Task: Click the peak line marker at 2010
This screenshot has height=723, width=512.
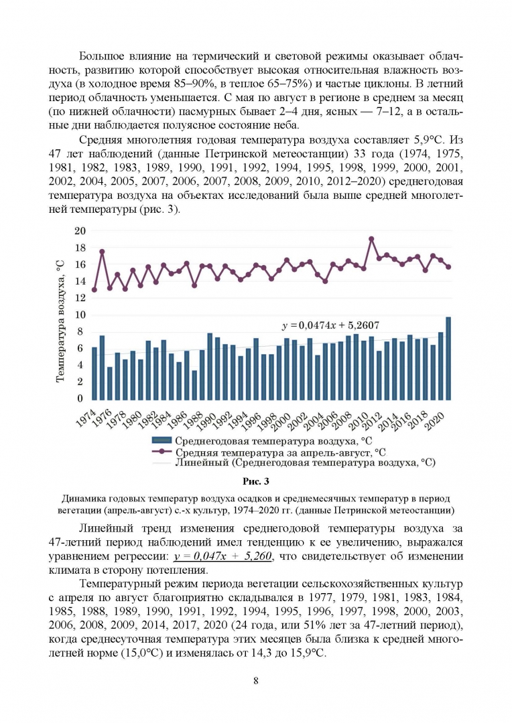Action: point(371,238)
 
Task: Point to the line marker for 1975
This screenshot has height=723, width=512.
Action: point(102,252)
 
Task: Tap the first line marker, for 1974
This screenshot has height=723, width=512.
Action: point(94,289)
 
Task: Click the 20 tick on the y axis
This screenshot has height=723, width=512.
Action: point(80,231)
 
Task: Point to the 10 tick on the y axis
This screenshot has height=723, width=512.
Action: point(80,315)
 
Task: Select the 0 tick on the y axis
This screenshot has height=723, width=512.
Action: point(83,398)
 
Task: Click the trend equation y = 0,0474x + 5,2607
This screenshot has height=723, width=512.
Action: point(331,325)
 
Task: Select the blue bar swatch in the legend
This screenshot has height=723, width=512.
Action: point(162,440)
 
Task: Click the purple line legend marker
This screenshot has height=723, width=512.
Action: point(162,451)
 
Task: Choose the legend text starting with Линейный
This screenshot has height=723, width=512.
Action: point(305,462)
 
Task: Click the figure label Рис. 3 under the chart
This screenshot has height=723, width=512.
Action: point(255,481)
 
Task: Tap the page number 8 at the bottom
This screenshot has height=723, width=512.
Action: point(256,681)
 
